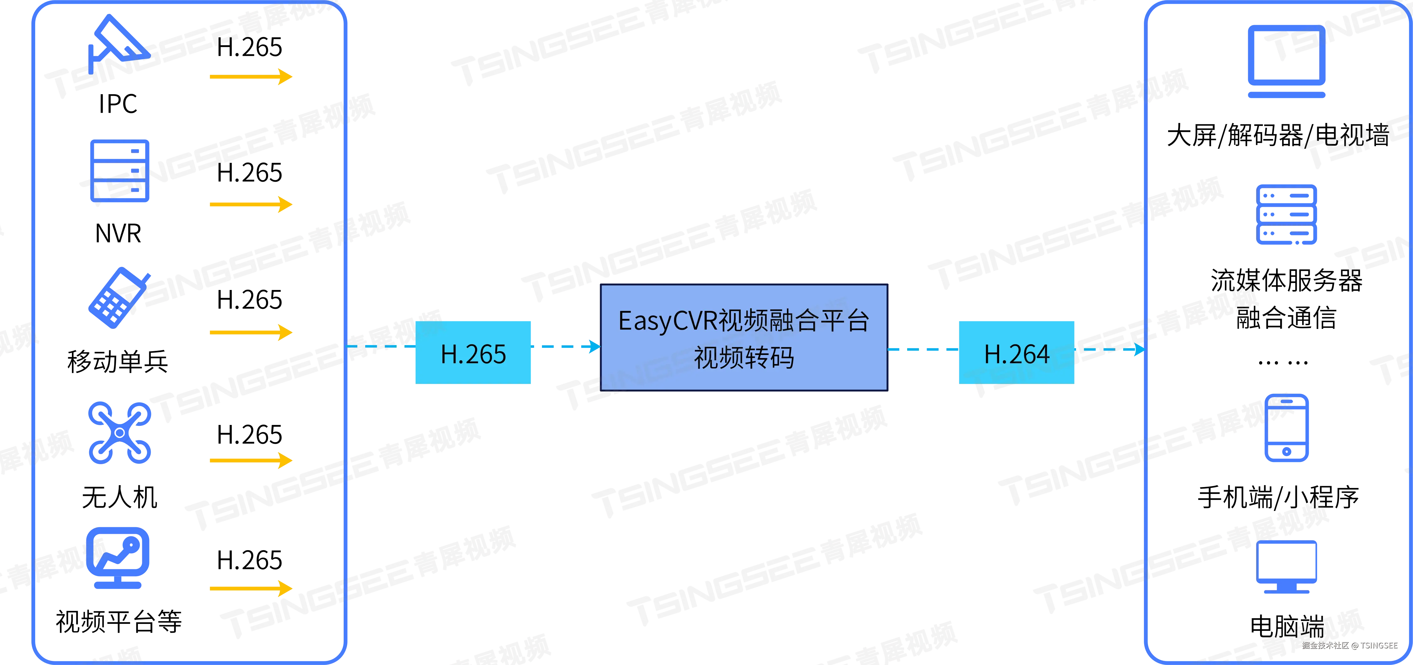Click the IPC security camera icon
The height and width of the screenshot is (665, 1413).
pyautogui.click(x=118, y=44)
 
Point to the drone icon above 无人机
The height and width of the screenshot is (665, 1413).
pyautogui.click(x=120, y=433)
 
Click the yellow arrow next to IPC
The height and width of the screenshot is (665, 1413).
pyautogui.click(x=251, y=77)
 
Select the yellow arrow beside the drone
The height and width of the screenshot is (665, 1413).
pyautogui.click(x=251, y=460)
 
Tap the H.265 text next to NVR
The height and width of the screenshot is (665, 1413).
pyautogui.click(x=250, y=173)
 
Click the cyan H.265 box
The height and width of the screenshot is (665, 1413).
pyautogui.click(x=473, y=352)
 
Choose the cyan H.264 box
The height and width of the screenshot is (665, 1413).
pyautogui.click(x=1016, y=352)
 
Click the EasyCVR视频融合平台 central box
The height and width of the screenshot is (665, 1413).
pyautogui.click(x=744, y=337)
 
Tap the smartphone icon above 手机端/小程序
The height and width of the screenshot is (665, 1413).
pyautogui.click(x=1286, y=428)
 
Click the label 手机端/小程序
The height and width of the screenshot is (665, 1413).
pyautogui.click(x=1278, y=497)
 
